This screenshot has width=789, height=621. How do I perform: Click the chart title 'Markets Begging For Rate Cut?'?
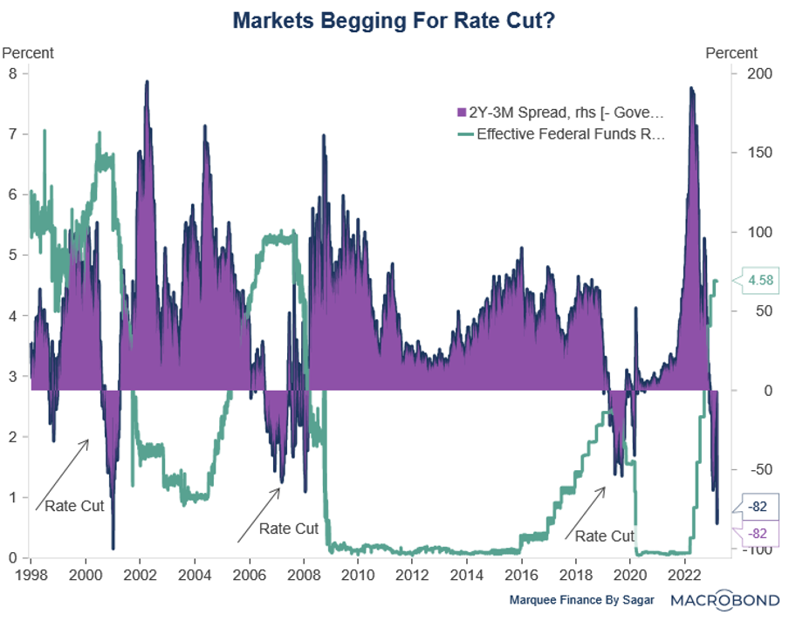[x=394, y=19]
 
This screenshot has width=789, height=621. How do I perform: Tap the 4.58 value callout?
[x=754, y=281]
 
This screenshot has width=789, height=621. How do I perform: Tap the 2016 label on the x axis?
[x=521, y=575]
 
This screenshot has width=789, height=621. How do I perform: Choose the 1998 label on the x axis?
[x=31, y=575]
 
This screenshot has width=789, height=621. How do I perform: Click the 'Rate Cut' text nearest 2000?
[x=74, y=506]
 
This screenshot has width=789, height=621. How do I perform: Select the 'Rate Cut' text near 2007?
[x=289, y=529]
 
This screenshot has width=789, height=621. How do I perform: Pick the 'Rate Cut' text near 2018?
[x=605, y=536]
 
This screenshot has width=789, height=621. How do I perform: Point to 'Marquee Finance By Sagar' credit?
[x=582, y=601]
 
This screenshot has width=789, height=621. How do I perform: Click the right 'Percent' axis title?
[x=731, y=53]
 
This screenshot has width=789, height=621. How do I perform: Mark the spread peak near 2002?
[x=147, y=82]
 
